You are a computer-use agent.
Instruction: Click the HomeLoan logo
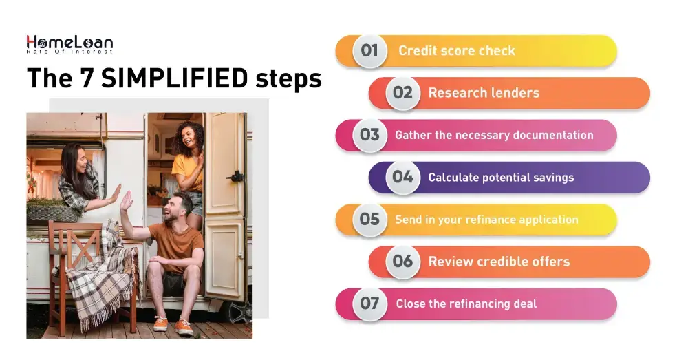[x=69, y=45]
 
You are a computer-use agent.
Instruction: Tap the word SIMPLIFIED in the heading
[x=174, y=78]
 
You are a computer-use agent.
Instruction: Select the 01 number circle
[x=369, y=50]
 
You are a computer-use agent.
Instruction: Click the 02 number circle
[x=402, y=92]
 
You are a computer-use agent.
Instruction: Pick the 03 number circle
[x=369, y=135]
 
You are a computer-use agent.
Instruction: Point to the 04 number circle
[x=402, y=177]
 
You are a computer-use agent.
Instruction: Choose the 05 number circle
[x=369, y=219]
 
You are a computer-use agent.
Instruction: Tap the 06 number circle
[x=402, y=262]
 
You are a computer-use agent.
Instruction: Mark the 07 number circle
[x=369, y=304]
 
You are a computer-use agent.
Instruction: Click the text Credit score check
[x=456, y=51]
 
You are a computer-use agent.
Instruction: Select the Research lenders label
[x=484, y=93]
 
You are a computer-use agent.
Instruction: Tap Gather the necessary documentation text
[x=493, y=135]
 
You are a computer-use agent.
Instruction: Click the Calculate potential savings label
[x=501, y=178]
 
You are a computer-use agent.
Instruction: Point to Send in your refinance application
[x=486, y=220]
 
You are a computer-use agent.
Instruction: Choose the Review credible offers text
[x=499, y=262]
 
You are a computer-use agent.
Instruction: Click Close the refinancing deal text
[x=466, y=304]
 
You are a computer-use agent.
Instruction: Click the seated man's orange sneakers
[x=173, y=325]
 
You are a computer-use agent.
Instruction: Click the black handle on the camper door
[x=236, y=176]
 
